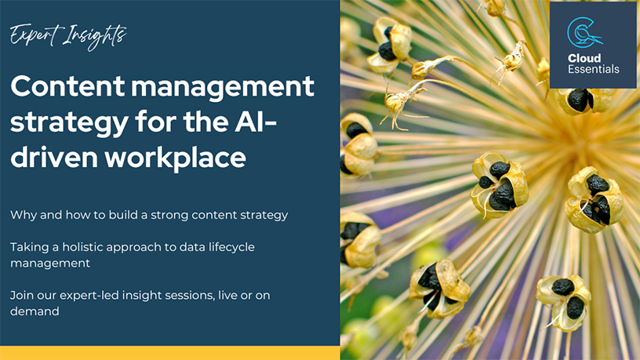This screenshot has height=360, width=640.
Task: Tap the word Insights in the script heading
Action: pyautogui.click(x=95, y=37)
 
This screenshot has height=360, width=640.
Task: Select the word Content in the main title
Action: pyautogui.click(x=67, y=86)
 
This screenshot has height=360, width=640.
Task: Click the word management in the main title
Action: pyautogui.click(x=223, y=87)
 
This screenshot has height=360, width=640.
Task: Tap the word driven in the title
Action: pyautogui.click(x=54, y=157)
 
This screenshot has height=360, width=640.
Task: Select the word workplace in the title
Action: pyautogui.click(x=176, y=158)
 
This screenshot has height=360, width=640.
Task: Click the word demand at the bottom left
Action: pyautogui.click(x=35, y=311)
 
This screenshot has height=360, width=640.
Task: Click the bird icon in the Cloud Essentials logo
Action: pyautogui.click(x=585, y=33)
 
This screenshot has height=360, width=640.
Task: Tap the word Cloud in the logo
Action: pyautogui.click(x=584, y=58)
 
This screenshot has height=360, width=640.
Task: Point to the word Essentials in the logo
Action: pyautogui.click(x=594, y=69)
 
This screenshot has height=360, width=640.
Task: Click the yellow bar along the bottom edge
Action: pyautogui.click(x=169, y=353)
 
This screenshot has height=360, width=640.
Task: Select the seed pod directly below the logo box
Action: pyautogui.click(x=584, y=101)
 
